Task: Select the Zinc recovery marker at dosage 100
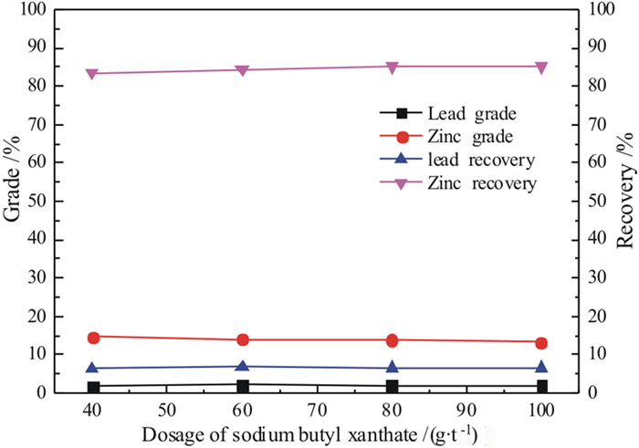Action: click(541, 67)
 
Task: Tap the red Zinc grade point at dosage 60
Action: click(243, 339)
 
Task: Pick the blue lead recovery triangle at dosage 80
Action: click(393, 368)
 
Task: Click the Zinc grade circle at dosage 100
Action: click(541, 342)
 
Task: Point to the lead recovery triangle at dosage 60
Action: click(243, 366)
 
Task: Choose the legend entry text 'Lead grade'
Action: click(472, 114)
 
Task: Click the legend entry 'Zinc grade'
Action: click(471, 137)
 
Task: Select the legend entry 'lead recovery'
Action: click(480, 161)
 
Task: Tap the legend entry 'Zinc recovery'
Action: click(480, 183)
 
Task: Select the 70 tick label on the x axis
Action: click(318, 407)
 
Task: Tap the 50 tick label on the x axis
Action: click(168, 407)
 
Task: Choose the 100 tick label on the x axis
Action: click(541, 407)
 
